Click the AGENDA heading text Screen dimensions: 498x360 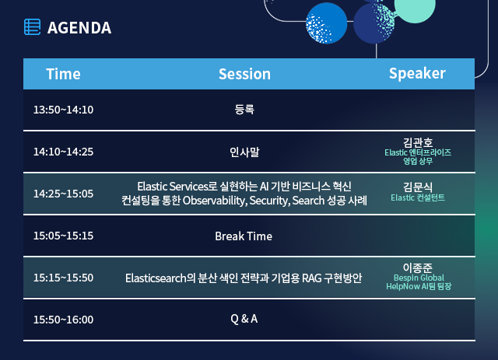coord(79,28)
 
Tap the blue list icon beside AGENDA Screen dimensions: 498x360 coord(33,27)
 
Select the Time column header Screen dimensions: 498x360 coord(63,74)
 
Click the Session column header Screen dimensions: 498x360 coord(244,74)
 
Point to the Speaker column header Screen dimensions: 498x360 coord(417,74)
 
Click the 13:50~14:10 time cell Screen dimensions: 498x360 coord(63,110)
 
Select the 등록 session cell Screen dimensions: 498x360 coord(244,110)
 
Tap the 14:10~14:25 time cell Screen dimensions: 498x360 coord(63,152)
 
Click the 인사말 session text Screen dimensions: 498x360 coord(244,152)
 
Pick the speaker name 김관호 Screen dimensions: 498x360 coord(418,142)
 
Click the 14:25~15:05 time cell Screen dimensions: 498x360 coord(63,194)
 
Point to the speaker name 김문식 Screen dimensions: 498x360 coord(418,187)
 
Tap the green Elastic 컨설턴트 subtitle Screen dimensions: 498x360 coord(418,197)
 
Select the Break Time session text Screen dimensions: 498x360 coord(244,236)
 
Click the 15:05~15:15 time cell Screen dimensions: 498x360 coord(63,236)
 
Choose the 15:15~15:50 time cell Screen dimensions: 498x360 coord(63,278)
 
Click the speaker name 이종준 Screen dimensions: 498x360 coord(418,268)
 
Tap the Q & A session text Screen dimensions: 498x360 coord(244,319)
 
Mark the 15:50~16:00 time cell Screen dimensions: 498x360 coord(63,320)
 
